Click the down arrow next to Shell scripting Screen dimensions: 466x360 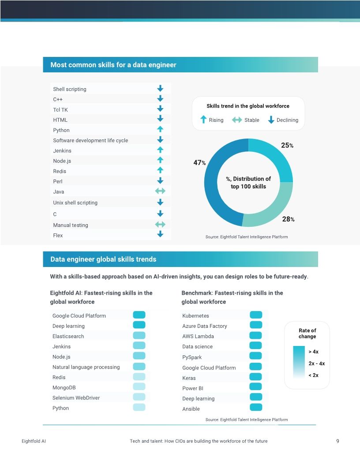point(160,88)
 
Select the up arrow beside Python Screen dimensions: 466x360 point(160,129)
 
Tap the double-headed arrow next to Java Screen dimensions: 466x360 point(160,191)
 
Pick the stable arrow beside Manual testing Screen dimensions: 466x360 point(160,225)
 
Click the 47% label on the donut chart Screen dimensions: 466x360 point(199,163)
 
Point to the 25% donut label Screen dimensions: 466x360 point(287,145)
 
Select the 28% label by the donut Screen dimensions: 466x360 point(288,219)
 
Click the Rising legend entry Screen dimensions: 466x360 point(212,120)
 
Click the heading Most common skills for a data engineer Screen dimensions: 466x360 point(113,65)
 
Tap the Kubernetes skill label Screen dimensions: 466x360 point(195,316)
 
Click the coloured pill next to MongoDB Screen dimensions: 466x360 point(139,387)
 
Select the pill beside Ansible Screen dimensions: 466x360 point(256,407)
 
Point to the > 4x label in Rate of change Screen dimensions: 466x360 point(313,352)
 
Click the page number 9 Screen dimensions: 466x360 point(337,441)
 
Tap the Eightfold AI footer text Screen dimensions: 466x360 point(34,441)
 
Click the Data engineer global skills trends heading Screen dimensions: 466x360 point(103,259)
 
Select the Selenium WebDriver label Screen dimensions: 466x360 point(76,398)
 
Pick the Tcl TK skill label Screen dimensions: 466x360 point(60,109)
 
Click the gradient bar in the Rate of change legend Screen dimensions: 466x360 point(299,362)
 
